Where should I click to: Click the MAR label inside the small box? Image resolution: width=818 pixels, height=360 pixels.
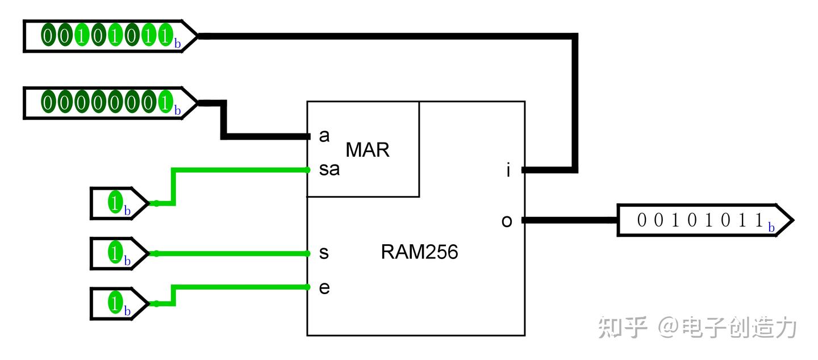[x=368, y=150]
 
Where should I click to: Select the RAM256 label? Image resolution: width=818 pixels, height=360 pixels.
[x=419, y=252]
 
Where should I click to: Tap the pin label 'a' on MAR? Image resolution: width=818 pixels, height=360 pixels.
[x=324, y=136]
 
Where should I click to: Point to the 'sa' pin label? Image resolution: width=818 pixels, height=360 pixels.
[x=329, y=169]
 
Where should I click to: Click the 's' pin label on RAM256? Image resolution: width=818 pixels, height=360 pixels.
[x=324, y=253]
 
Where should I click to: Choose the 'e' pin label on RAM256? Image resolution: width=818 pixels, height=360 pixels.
[x=324, y=288]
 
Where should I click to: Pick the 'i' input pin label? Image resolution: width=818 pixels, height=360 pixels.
[x=508, y=170]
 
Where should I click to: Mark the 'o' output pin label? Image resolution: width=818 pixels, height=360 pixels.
[x=507, y=221]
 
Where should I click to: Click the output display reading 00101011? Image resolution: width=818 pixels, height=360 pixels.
[x=705, y=220]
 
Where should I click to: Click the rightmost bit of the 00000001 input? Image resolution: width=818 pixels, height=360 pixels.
[x=165, y=102]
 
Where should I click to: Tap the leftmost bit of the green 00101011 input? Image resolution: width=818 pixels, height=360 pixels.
[x=48, y=35]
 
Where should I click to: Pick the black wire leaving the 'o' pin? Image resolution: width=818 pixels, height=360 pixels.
[x=570, y=220]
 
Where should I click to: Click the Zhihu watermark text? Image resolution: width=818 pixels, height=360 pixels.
[x=697, y=327]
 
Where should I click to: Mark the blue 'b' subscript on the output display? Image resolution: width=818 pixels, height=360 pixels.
[x=771, y=227]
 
